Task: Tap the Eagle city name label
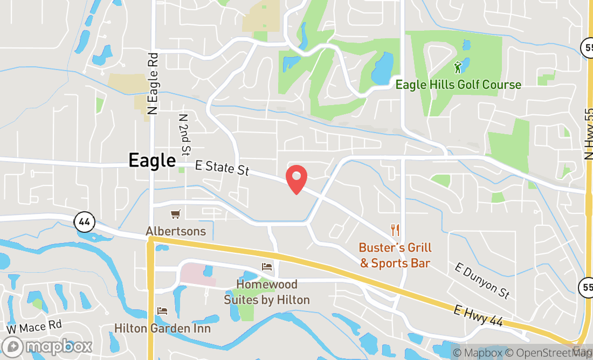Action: [152, 161]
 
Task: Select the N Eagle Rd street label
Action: [153, 83]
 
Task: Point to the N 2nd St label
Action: [185, 133]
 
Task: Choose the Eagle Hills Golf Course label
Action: [458, 85]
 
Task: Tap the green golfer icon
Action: [458, 67]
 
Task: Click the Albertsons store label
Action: [176, 231]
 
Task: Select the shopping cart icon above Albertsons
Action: [175, 214]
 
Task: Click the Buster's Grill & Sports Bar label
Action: [395, 255]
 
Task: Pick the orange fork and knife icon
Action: [395, 230]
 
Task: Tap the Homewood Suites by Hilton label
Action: [267, 292]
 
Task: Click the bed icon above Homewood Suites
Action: [267, 266]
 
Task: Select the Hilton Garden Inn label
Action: [162, 328]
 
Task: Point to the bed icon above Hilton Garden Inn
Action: [162, 311]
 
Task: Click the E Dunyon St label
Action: [482, 281]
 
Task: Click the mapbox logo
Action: [47, 346]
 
